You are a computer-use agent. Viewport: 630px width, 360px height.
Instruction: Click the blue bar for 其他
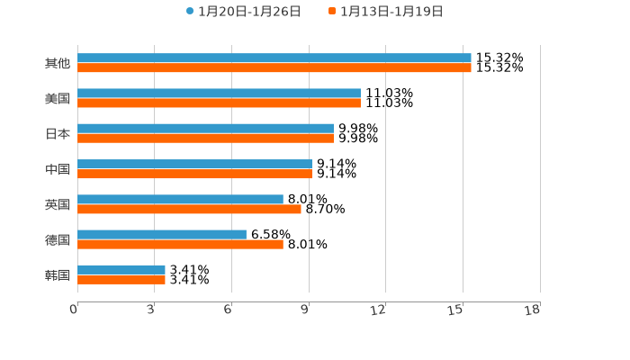(x=274, y=58)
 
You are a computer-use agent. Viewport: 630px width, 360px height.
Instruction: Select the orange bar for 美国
(x=219, y=103)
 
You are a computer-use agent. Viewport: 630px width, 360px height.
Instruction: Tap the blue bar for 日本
(x=205, y=129)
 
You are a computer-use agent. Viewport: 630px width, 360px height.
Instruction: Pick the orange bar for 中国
(x=194, y=174)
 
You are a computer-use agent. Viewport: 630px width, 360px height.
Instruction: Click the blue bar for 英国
(x=180, y=200)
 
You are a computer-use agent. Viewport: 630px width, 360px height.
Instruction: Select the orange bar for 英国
(x=189, y=209)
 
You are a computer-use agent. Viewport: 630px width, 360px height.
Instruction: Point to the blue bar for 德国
(x=162, y=235)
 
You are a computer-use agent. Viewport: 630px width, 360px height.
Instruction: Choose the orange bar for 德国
(x=180, y=244)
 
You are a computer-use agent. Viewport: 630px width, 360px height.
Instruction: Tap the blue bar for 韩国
(x=121, y=270)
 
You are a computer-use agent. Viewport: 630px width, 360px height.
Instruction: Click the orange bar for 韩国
(x=121, y=279)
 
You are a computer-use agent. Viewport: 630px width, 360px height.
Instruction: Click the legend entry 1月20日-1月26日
(x=243, y=12)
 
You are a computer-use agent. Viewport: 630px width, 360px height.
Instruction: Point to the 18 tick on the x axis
(x=533, y=310)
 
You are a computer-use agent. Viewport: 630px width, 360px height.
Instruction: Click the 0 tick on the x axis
(x=74, y=310)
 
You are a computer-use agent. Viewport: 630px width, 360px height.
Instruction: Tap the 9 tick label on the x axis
(x=305, y=310)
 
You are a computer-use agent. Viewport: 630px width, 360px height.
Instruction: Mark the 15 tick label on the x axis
(x=455, y=310)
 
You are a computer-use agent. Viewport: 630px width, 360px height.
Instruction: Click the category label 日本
(x=58, y=133)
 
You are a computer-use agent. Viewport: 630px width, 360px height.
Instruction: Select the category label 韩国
(x=58, y=274)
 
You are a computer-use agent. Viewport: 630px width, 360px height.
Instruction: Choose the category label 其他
(x=58, y=63)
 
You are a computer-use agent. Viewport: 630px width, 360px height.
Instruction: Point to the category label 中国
(x=58, y=169)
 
